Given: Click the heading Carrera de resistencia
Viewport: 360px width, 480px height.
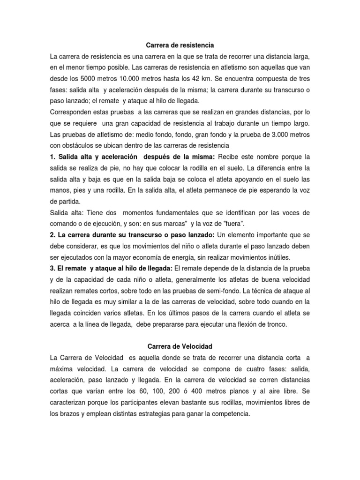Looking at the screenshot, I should pos(180,45).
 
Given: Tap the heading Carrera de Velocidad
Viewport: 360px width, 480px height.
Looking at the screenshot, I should pos(180,346).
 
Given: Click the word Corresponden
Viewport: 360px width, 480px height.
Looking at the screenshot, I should pos(73,112).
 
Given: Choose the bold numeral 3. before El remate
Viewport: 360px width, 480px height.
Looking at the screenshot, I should pos(53,268).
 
